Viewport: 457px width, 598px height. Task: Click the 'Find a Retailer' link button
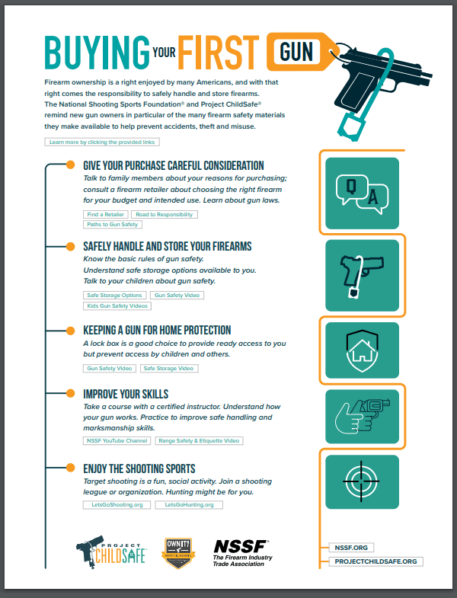105,215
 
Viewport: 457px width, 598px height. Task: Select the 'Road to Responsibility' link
164,215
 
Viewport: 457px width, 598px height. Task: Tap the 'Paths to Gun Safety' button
112,225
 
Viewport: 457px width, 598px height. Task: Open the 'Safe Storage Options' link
113,295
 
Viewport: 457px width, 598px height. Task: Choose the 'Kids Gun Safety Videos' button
117,305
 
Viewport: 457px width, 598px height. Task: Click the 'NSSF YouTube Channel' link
116,440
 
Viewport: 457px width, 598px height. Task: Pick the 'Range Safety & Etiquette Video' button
200,440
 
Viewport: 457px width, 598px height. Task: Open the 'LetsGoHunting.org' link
189,504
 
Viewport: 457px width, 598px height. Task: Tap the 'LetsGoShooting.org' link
116,504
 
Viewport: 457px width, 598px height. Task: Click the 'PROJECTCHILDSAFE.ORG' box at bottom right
376,561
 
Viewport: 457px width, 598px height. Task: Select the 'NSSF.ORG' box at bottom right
352,547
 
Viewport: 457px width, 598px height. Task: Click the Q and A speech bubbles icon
362,193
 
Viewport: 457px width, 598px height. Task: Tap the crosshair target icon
362,480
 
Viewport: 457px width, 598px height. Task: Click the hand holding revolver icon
362,416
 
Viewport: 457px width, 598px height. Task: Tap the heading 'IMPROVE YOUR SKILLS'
126,394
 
